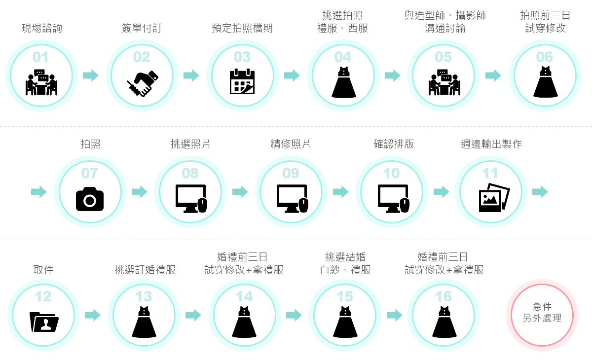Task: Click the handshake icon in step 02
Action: pyautogui.click(x=142, y=83)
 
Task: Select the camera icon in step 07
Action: pyautogui.click(x=90, y=199)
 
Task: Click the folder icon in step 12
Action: pyautogui.click(x=44, y=322)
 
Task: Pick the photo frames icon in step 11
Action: pyautogui.click(x=494, y=197)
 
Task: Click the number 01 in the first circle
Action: pyautogui.click(x=40, y=57)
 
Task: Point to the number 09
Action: pyautogui.click(x=291, y=173)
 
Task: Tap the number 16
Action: pyautogui.click(x=444, y=296)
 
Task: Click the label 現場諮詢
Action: pyautogui.click(x=42, y=28)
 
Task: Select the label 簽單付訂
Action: pyautogui.click(x=142, y=28)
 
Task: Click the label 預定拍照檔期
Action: pyautogui.click(x=242, y=28)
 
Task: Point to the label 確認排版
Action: pyautogui.click(x=394, y=144)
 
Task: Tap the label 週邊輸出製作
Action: pyautogui.click(x=491, y=144)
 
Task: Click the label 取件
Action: pyautogui.click(x=43, y=270)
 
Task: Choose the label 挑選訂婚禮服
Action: pyautogui.click(x=145, y=270)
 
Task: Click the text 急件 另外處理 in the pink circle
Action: pyautogui.click(x=542, y=313)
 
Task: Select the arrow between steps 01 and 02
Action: pyautogui.click(x=91, y=75)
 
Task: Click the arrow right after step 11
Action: pyautogui.click(x=540, y=192)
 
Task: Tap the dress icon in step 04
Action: pyautogui.click(x=343, y=82)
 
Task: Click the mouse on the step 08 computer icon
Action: pyautogui.click(x=202, y=205)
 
